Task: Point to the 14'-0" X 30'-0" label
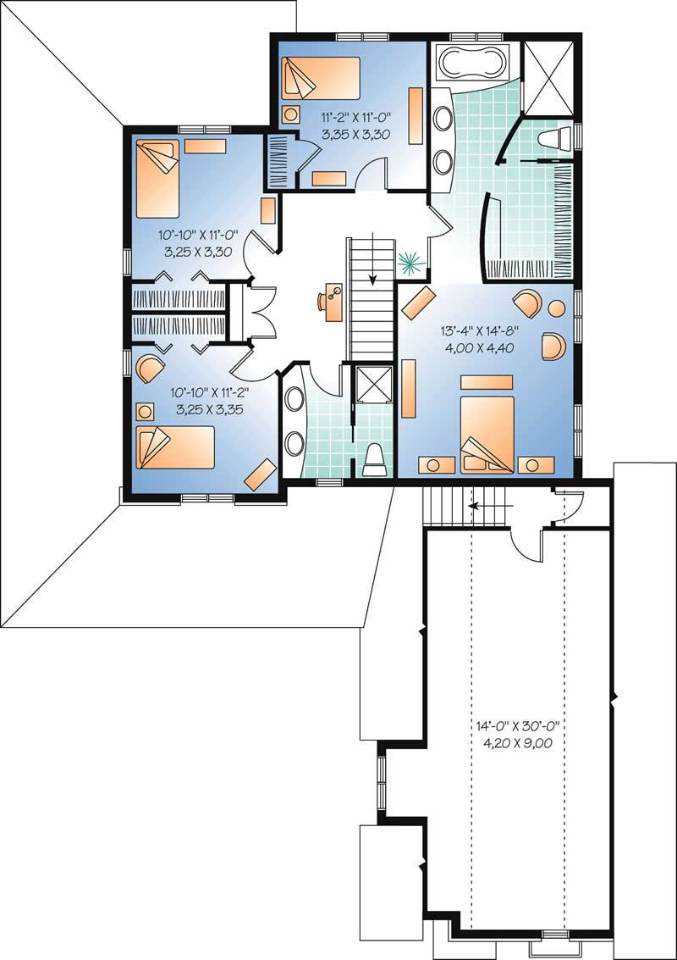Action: tap(517, 726)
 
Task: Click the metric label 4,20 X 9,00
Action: tap(517, 743)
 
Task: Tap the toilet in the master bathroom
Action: tap(554, 139)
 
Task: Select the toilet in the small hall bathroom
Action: tap(374, 460)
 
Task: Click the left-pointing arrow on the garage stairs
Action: tap(487, 507)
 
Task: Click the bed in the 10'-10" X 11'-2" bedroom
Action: tap(173, 447)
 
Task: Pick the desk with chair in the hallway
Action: tap(331, 301)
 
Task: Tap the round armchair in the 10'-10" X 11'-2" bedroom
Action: tap(151, 368)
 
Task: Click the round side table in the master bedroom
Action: tap(557, 309)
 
